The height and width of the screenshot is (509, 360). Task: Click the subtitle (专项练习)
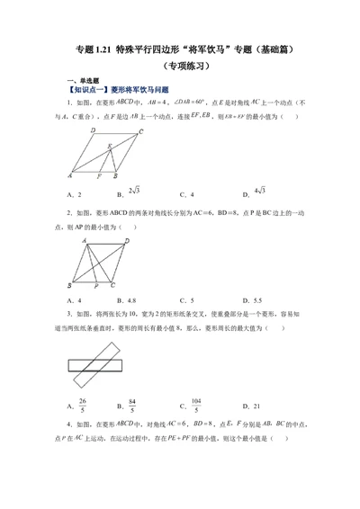(x=180, y=66)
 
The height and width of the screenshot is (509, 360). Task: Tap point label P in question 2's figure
(x=95, y=286)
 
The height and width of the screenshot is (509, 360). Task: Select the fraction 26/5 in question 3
(x=83, y=404)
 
